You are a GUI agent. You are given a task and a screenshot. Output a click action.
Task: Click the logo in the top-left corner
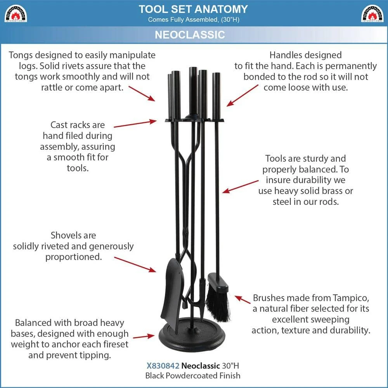[x=16, y=13]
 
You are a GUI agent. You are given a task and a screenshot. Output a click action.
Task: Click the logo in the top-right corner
[x=372, y=13]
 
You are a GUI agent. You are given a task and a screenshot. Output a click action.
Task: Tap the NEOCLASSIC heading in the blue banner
[x=190, y=35]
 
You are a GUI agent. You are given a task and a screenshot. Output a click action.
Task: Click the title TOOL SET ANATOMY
[x=193, y=9]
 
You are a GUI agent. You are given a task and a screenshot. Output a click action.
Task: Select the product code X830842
[x=160, y=365]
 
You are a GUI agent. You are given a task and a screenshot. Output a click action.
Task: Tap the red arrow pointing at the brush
[x=242, y=299]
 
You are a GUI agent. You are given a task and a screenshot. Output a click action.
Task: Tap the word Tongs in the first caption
[x=22, y=55]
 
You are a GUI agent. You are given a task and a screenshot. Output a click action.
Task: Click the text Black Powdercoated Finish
[x=193, y=375]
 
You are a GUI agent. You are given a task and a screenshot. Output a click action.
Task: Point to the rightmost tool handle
[x=216, y=95]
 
